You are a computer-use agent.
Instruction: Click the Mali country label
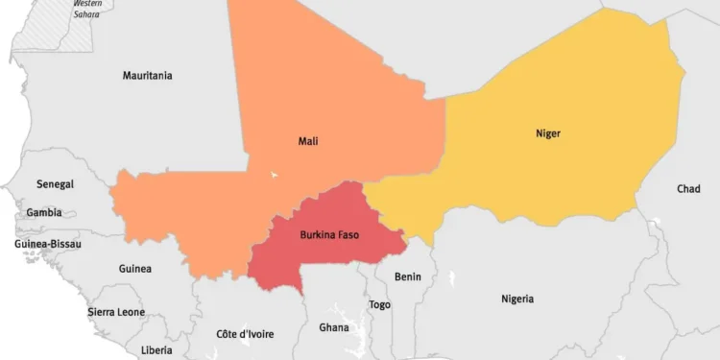pos(308,141)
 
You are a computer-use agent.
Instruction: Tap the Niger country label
pos(548,133)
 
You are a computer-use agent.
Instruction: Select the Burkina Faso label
pos(329,234)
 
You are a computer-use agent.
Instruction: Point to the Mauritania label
pos(148,76)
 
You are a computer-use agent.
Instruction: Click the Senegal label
pos(55,183)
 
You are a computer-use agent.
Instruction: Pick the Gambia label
pos(44,213)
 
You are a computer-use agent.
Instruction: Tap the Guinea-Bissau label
pos(48,244)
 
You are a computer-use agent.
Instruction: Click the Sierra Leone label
pos(116,312)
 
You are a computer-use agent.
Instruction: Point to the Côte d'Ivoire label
pos(245,334)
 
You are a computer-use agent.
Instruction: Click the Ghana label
pos(334,327)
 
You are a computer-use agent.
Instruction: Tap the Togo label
pos(380,304)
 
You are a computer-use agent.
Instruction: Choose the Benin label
pos(408,276)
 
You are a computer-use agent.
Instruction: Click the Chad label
pos(688,189)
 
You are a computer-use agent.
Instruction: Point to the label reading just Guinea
pos(134,269)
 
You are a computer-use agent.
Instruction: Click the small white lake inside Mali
pos(275,175)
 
